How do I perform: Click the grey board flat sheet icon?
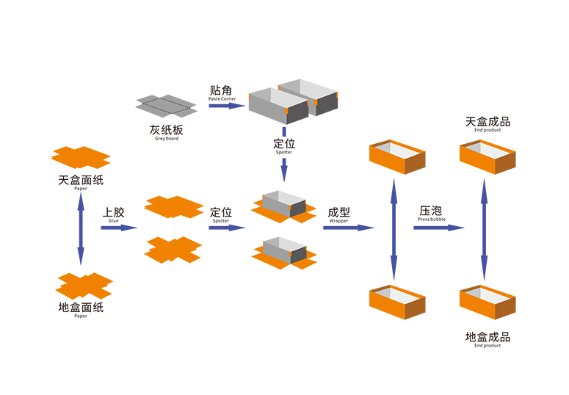pos(167,106)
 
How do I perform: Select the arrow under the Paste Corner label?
pos(226,106)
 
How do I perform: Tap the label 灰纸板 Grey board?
pos(166,133)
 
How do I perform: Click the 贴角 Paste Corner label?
pos(222,93)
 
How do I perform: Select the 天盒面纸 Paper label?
pos(81,182)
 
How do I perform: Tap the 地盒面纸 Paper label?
pos(81,309)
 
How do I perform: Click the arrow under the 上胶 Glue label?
pos(118,228)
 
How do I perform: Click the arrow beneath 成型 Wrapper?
pos(348,228)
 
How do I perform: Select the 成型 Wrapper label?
pos(338,214)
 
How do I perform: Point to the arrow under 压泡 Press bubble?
pos(438,228)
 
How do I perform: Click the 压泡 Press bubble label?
pos(432,213)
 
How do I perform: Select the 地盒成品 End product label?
pos(488,339)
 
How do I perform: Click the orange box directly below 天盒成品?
pos(487,157)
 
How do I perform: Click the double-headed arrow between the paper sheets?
pos(80,229)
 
